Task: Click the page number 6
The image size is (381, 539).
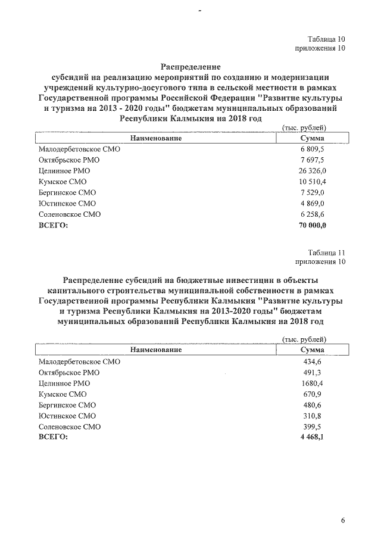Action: point(343,520)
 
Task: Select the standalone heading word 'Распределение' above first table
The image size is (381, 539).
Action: point(191,67)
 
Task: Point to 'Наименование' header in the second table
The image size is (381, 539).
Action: point(156,350)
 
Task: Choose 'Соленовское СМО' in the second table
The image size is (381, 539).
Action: point(69,426)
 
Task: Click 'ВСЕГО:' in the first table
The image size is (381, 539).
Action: point(53,225)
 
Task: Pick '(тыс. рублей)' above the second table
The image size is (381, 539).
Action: point(304,339)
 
